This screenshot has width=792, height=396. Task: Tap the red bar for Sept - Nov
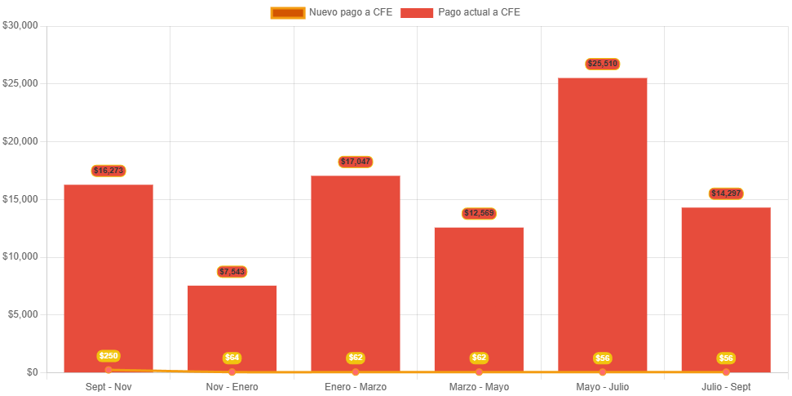[108, 269]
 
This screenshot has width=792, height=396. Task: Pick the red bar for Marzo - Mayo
[479, 294]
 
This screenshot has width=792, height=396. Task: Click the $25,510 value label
[603, 64]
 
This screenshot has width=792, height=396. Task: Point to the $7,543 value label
[232, 271]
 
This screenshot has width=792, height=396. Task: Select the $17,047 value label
[356, 162]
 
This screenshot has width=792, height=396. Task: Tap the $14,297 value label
[726, 194]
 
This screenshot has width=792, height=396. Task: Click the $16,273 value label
[108, 171]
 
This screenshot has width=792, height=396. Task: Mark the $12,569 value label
[479, 213]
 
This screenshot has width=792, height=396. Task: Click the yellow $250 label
[108, 356]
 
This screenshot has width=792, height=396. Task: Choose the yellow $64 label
[232, 358]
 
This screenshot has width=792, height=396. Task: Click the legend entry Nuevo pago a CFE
[331, 12]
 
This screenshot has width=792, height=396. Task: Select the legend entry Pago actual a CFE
[461, 12]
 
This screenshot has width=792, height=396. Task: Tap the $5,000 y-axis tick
[23, 314]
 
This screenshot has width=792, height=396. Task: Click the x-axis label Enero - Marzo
[356, 386]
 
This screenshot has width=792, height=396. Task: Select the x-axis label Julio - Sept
[726, 386]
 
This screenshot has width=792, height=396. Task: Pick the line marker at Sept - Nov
[108, 370]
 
